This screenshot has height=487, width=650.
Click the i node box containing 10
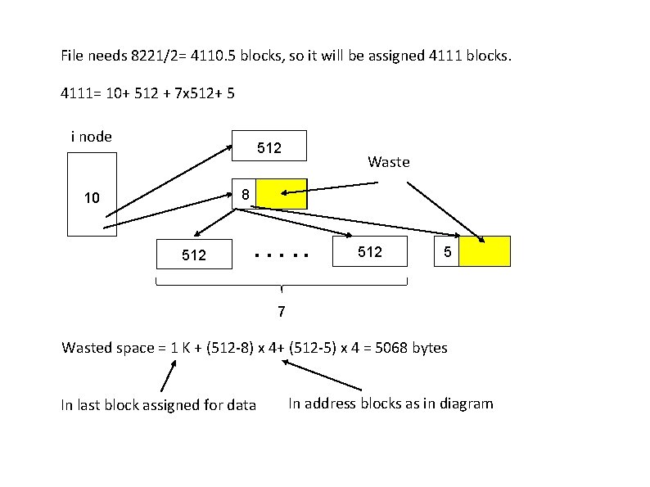(92, 197)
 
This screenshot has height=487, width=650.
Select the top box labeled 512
(269, 147)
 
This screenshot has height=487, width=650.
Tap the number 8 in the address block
(245, 194)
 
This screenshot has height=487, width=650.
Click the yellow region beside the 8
(282, 194)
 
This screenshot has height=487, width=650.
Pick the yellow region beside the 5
(484, 251)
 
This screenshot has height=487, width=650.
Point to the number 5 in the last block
(447, 252)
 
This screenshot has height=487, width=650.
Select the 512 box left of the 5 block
(370, 252)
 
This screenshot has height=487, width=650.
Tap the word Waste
(389, 162)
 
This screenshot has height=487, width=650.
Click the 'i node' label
(92, 137)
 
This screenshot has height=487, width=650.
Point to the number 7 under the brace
(281, 312)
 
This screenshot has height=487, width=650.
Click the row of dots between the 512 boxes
(282, 255)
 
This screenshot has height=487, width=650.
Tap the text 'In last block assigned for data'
(158, 404)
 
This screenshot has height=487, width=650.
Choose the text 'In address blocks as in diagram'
(390, 403)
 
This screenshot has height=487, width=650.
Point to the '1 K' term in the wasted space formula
(179, 348)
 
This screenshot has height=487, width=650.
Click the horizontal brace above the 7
(281, 286)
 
